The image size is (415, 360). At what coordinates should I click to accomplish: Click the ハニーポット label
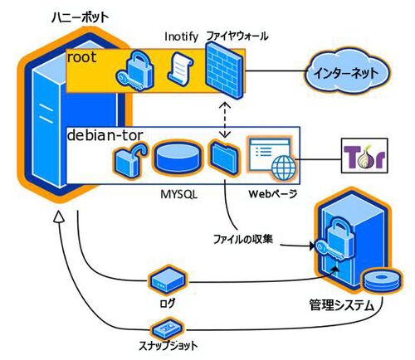click(x=81, y=18)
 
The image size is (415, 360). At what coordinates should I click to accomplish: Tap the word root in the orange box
click(x=82, y=57)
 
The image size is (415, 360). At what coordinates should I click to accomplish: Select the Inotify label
click(x=182, y=36)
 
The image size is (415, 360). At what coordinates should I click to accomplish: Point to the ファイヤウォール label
click(x=237, y=36)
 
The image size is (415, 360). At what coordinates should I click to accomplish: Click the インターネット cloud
click(x=347, y=73)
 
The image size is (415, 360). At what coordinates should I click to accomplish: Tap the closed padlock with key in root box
click(x=135, y=70)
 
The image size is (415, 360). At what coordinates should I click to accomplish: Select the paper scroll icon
click(x=180, y=67)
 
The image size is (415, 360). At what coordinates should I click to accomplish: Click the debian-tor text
click(x=105, y=135)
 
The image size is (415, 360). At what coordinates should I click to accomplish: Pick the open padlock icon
click(x=129, y=160)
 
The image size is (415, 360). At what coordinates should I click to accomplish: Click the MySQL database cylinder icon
click(x=177, y=158)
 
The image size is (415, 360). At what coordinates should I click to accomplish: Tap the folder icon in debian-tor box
click(x=224, y=157)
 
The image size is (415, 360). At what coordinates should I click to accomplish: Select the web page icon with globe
click(x=272, y=158)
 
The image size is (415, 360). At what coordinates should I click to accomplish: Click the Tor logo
click(x=364, y=156)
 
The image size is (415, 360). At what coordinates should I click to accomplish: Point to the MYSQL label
click(x=179, y=194)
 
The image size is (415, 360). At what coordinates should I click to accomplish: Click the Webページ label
click(x=273, y=194)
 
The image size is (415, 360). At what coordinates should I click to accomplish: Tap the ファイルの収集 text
click(x=243, y=239)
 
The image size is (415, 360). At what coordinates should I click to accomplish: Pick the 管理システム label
click(x=342, y=305)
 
